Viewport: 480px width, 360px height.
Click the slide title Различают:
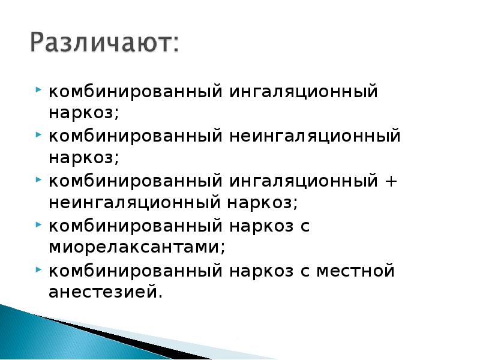(x=103, y=43)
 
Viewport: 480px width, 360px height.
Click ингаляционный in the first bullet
(x=302, y=92)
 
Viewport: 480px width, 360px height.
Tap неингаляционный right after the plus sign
(x=134, y=202)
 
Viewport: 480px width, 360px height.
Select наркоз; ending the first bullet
(x=84, y=113)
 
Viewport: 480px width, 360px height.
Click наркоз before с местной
(x=259, y=271)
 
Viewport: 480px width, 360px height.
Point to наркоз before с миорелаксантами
(x=259, y=227)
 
